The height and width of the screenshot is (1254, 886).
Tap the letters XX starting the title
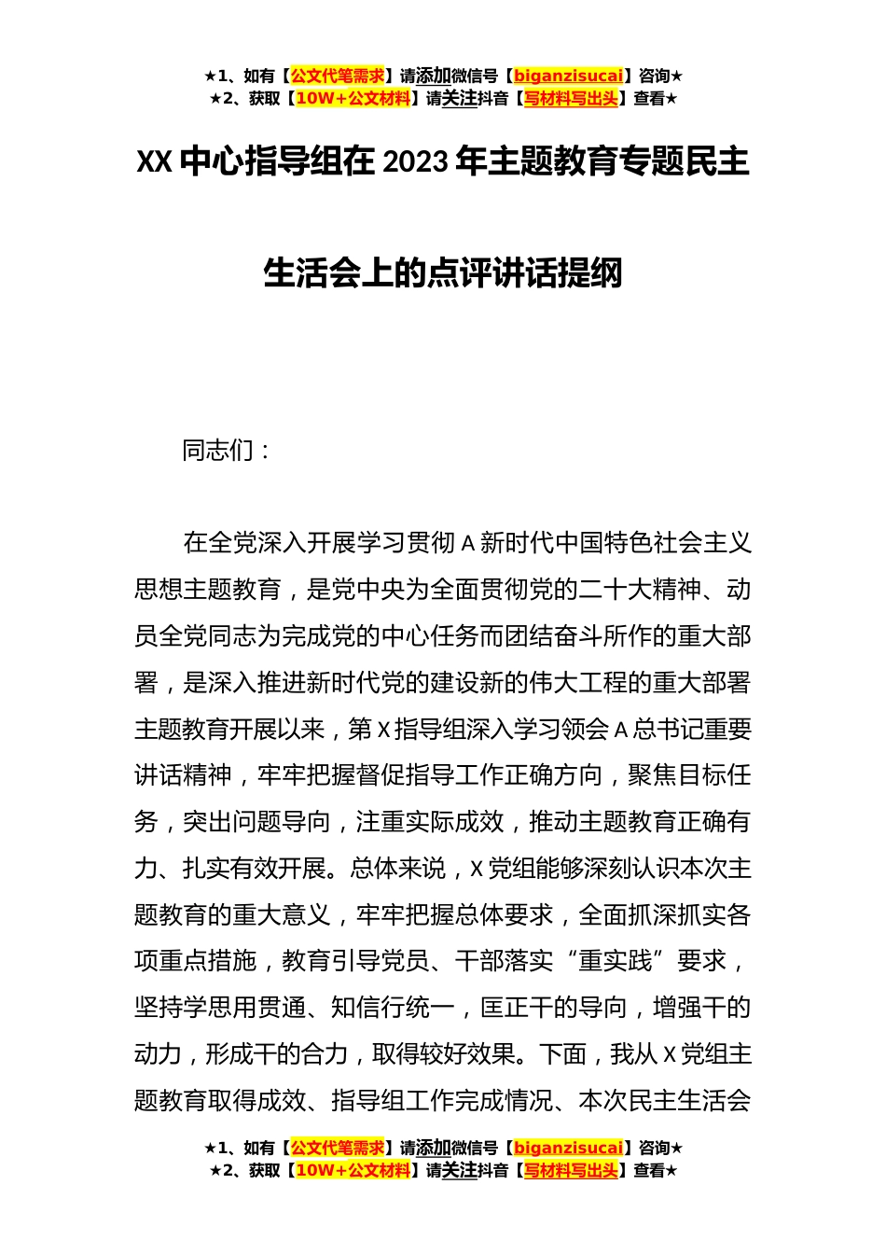[x=155, y=163]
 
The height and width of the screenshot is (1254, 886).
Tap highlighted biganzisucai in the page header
[x=568, y=77]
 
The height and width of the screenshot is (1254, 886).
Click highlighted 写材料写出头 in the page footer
[x=570, y=1170]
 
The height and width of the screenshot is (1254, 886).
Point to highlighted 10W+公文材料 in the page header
[x=353, y=98]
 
